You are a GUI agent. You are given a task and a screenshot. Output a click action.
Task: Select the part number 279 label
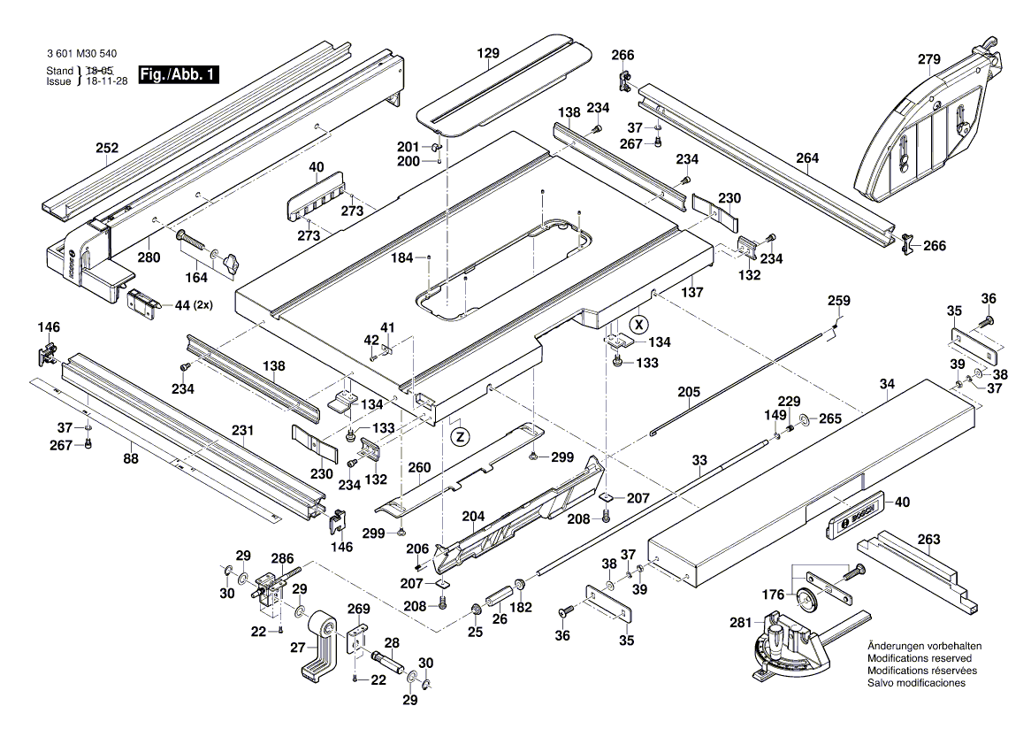(x=928, y=60)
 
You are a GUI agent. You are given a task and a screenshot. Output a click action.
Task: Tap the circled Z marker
(x=459, y=435)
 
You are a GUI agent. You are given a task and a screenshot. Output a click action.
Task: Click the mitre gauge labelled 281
(x=791, y=646)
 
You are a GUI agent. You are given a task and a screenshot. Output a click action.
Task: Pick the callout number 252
(x=107, y=149)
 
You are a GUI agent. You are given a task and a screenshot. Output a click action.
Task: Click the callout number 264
(x=806, y=158)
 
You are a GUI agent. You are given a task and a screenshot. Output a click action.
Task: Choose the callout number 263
(x=928, y=539)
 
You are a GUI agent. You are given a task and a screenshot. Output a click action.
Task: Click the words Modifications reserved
(x=920, y=659)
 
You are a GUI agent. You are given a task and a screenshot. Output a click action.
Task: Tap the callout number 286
(x=281, y=559)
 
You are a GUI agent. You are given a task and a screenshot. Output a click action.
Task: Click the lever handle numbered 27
(x=317, y=650)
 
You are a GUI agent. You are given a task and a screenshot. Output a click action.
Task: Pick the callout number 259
(x=838, y=301)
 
